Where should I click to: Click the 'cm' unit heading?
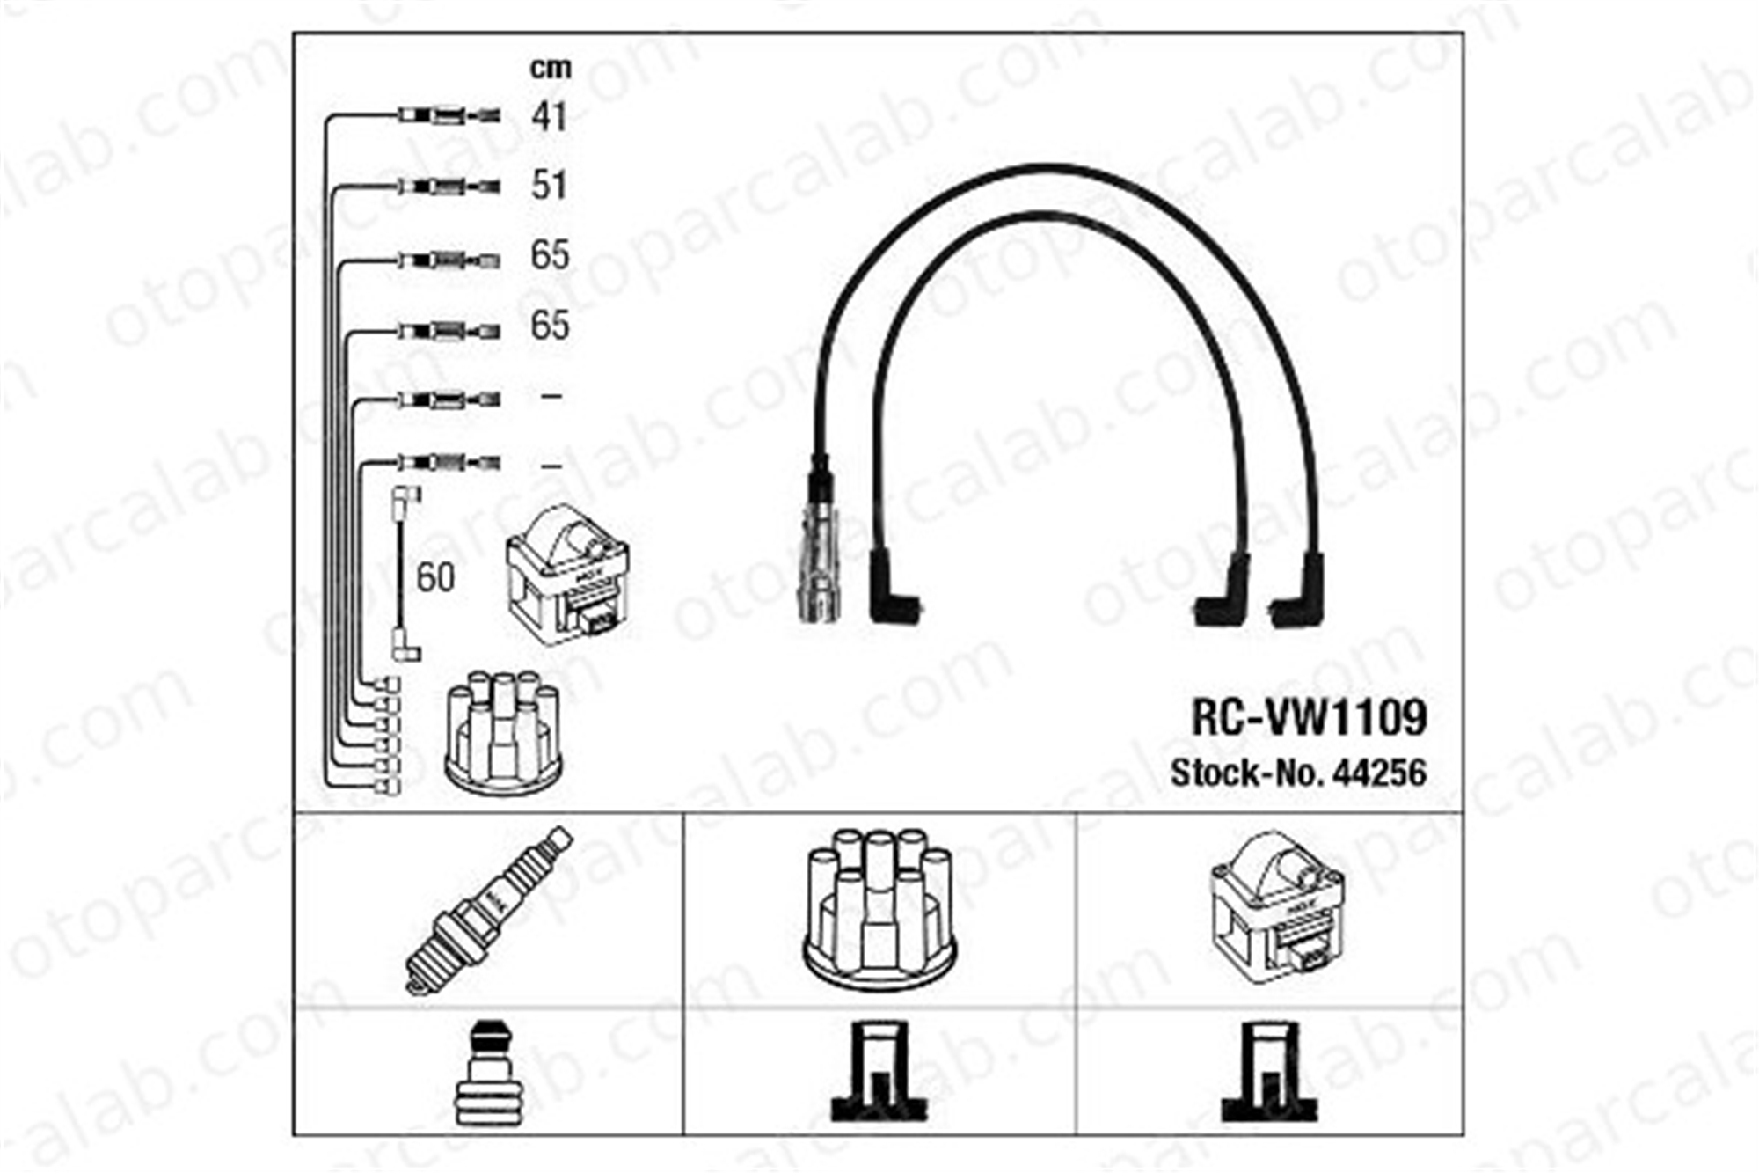pos(551,68)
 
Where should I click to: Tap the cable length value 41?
pos(549,116)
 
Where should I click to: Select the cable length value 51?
pos(549,186)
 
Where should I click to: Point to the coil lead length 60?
pos(435,577)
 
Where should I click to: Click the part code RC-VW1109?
pos(1309,718)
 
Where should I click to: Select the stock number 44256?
pos(1380,773)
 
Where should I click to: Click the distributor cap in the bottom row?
pos(879,912)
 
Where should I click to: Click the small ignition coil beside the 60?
pos(567,575)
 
